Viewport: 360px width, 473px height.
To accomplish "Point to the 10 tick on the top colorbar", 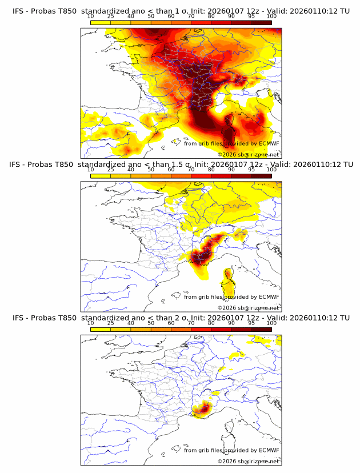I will point(91,17).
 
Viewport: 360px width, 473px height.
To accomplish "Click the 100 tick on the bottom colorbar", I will point(271,323).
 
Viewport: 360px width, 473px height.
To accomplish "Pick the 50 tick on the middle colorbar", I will point(151,170).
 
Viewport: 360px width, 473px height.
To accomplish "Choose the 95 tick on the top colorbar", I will point(251,17).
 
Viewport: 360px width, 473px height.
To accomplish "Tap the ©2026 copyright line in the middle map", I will point(248,307).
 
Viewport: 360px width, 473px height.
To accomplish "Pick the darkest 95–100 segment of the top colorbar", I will point(261,23).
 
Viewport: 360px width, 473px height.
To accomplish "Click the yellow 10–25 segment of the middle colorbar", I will point(101,176).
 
